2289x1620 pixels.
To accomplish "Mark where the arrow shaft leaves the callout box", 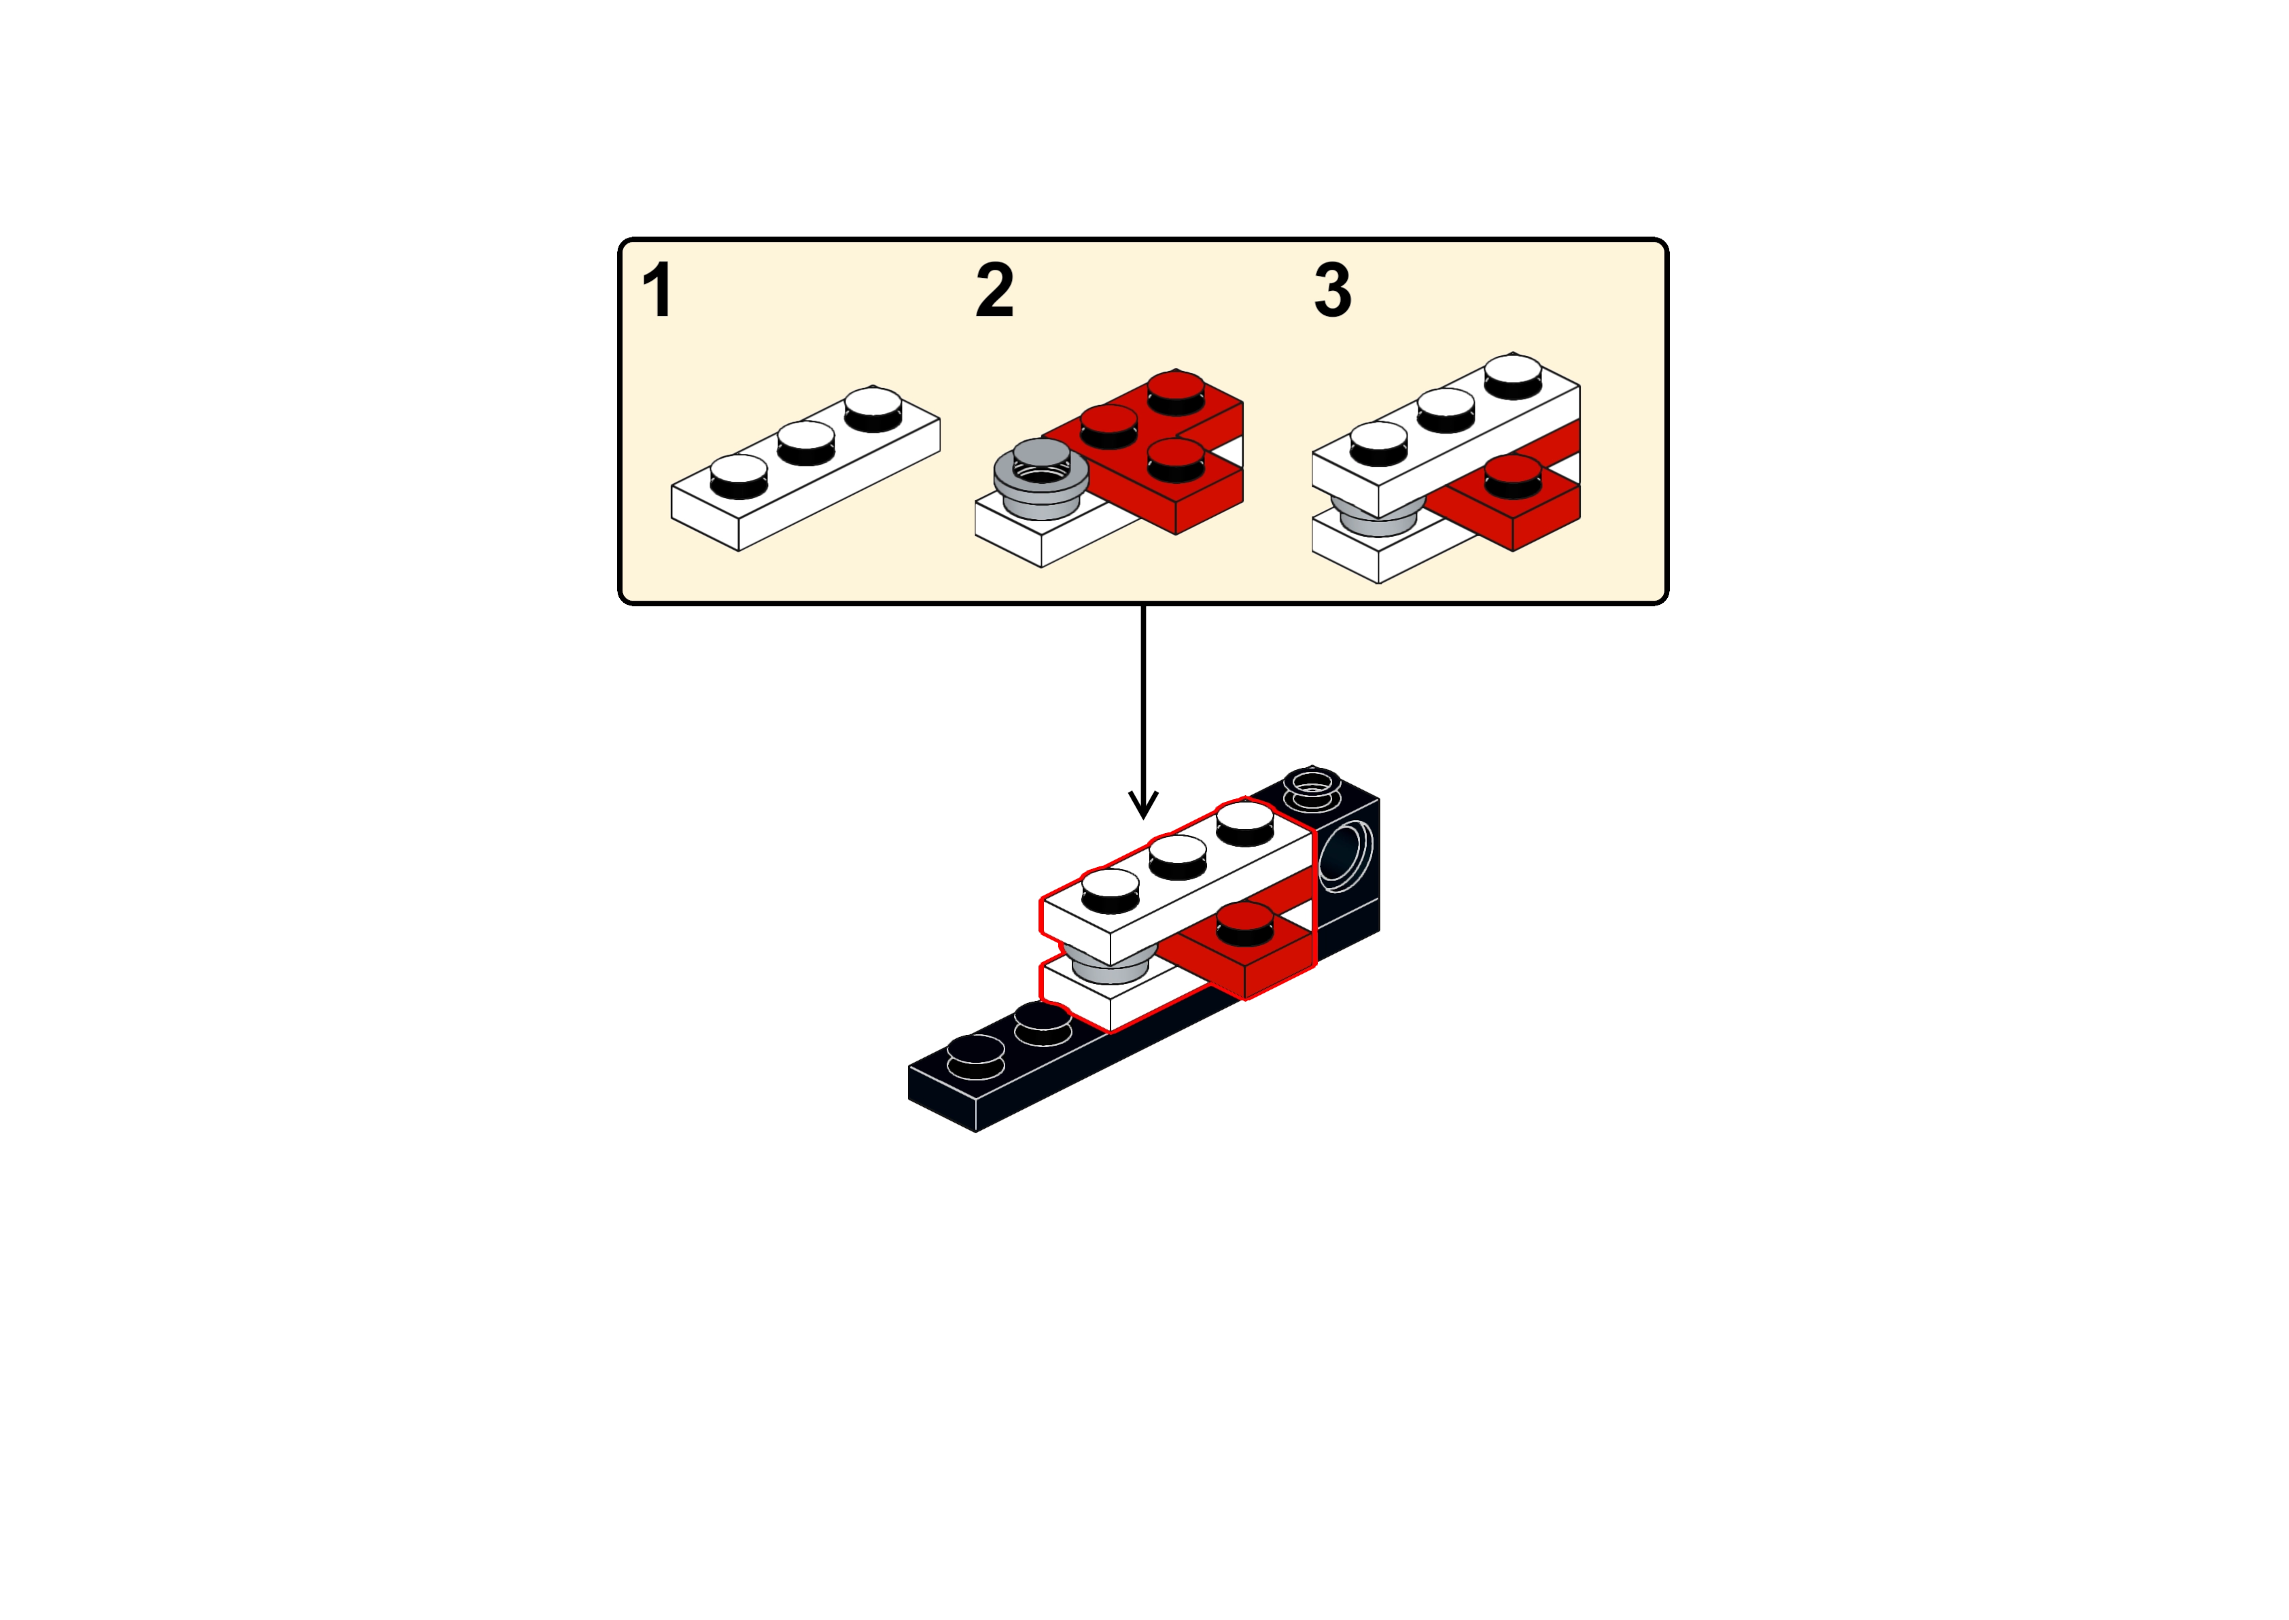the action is (1143, 605).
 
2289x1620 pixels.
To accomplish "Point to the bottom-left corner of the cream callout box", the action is (619, 603).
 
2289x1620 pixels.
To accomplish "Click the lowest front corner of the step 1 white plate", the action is (739, 550).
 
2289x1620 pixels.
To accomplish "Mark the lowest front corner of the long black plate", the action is (975, 1132).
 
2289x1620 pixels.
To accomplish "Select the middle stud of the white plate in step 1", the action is (806, 443).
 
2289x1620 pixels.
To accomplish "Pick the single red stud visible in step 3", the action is (1513, 477).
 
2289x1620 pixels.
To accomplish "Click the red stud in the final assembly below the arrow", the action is (1244, 923).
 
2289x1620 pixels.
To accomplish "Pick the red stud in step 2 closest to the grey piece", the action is (1109, 427).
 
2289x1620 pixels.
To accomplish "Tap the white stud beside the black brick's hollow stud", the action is (1244, 823).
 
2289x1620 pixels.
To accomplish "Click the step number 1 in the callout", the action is (657, 290).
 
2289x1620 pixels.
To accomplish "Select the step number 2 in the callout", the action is (994, 290).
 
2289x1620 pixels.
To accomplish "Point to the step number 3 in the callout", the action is (1333, 290).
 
